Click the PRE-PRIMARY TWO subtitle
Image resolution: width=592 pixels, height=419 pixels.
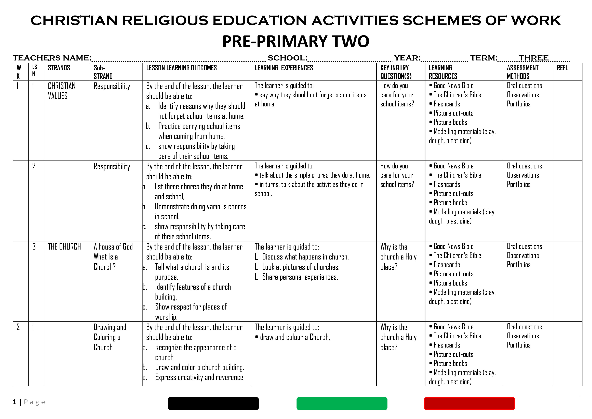point(295,41)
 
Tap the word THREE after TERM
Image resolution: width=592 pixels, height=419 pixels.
point(533,58)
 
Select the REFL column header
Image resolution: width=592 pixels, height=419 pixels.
point(562,68)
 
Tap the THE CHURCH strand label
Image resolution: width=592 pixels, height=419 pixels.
point(64,247)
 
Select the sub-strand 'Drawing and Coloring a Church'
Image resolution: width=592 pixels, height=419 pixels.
point(110,337)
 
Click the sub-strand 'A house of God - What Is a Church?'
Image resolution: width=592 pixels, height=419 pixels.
point(115,257)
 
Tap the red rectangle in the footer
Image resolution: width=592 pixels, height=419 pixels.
point(469,403)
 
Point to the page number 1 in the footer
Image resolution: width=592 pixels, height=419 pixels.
point(15,402)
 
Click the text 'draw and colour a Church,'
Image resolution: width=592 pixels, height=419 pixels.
point(295,337)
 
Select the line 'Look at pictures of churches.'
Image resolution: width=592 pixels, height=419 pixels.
point(301,267)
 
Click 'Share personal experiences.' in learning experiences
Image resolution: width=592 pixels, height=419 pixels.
point(300,277)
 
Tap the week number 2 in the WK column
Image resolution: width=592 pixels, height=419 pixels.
point(18,327)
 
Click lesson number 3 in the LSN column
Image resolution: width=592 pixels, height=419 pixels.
point(34,247)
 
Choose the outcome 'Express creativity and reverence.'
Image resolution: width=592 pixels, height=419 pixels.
point(200,377)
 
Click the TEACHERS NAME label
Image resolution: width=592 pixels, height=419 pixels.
point(52,58)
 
